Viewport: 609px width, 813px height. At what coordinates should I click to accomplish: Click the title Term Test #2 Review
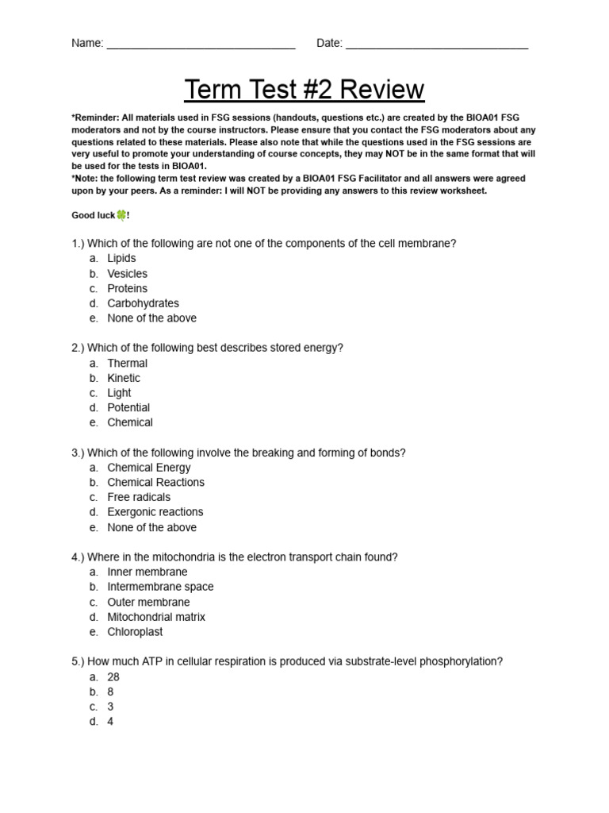click(x=304, y=90)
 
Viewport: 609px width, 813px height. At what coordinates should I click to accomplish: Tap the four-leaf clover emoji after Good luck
click(x=121, y=215)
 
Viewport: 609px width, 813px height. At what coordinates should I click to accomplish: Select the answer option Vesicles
click(x=127, y=274)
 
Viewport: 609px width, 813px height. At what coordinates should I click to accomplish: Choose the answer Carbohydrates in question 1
click(x=143, y=303)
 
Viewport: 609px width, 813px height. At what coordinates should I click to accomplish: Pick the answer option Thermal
click(x=127, y=364)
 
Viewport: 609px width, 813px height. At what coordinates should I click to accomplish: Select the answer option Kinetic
click(x=124, y=378)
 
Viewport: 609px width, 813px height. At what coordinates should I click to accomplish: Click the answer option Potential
click(x=128, y=408)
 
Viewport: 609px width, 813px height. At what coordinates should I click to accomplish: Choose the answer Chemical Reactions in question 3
click(x=155, y=483)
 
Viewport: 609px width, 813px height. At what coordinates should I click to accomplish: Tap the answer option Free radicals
click(x=139, y=498)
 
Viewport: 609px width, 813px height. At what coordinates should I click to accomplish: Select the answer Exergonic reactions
click(x=155, y=512)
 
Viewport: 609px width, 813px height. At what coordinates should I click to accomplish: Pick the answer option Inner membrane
click(x=147, y=572)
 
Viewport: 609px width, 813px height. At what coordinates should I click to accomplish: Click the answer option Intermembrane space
click(x=160, y=587)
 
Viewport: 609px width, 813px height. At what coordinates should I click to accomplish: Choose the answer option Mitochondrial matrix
click(x=156, y=617)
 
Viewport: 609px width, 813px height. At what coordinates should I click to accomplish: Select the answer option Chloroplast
click(x=135, y=632)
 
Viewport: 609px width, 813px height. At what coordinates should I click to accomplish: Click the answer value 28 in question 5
click(x=113, y=677)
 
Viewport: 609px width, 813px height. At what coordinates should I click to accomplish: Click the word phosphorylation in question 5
click(x=464, y=662)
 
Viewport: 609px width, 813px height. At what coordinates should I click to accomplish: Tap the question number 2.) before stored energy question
click(x=77, y=349)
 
